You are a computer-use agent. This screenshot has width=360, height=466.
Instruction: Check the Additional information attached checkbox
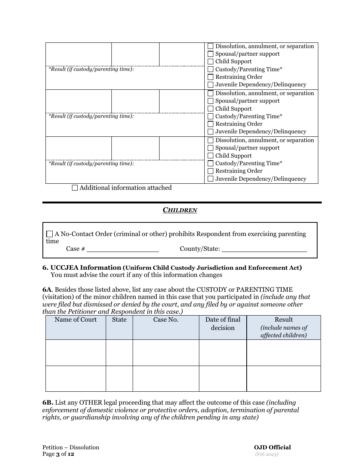tap(75, 188)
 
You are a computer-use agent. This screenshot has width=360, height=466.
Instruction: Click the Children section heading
tap(180, 210)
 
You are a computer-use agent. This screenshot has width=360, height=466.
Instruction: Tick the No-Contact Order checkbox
tap(50, 234)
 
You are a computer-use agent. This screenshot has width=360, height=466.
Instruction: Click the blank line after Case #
tap(122, 249)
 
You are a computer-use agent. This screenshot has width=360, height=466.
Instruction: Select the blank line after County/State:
tap(264, 249)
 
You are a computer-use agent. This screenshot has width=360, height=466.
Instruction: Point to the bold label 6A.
tap(47, 290)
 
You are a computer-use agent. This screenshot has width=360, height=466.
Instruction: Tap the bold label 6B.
tap(48, 403)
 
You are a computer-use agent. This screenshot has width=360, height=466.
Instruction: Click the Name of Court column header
tap(75, 320)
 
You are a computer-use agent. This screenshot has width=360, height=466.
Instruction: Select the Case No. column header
tap(166, 320)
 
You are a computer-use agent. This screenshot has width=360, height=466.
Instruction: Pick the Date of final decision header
tap(223, 324)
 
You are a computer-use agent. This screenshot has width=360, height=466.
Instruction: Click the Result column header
tap(283, 320)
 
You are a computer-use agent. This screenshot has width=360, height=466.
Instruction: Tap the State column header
tap(119, 320)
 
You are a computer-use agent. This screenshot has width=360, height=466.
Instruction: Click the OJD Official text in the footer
tap(272, 447)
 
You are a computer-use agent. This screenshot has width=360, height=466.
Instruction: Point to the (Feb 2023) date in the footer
tap(266, 454)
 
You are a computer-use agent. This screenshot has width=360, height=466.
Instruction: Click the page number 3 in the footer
tap(58, 454)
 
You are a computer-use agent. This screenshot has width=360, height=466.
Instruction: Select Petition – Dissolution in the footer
tap(70, 447)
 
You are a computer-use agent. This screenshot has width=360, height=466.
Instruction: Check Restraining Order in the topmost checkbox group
tap(211, 77)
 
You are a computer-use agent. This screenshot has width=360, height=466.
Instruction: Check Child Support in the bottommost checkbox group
tap(211, 156)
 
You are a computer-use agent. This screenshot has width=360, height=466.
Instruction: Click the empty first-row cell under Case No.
tap(166, 353)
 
